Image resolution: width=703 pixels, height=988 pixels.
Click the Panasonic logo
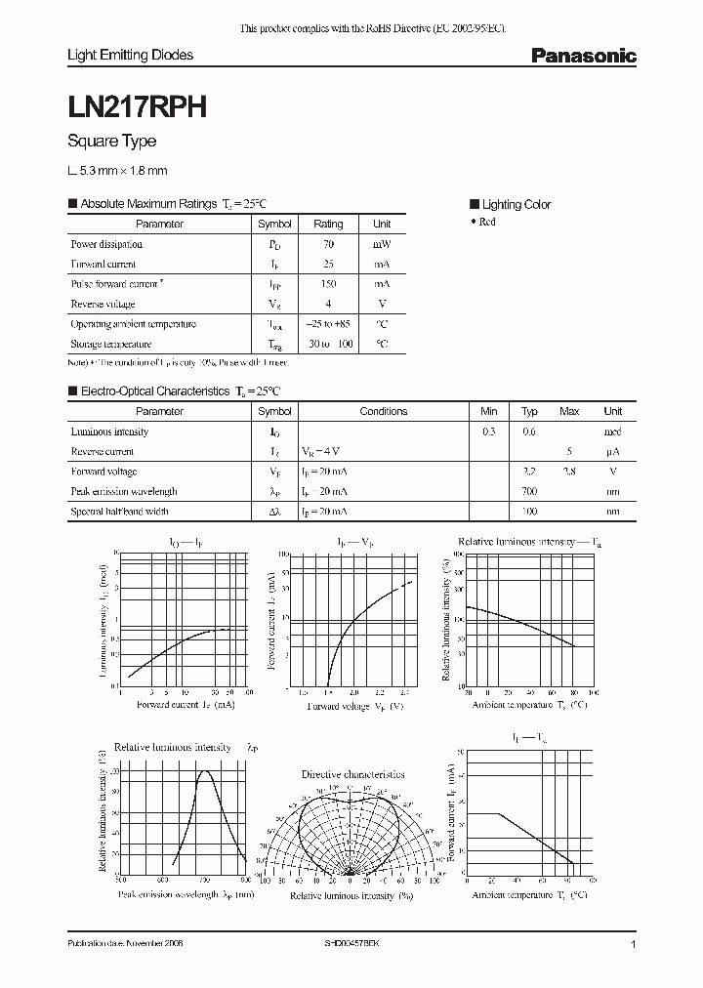583,57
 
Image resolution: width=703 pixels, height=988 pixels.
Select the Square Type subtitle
111,142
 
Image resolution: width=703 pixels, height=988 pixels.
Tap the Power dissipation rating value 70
328,244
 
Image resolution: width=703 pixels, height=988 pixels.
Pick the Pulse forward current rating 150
328,284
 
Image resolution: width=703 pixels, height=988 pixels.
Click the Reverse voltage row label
103,305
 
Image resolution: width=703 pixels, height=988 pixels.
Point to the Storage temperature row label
110,345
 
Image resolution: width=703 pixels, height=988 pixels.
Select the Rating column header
328,224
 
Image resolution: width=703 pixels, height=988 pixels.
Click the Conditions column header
383,411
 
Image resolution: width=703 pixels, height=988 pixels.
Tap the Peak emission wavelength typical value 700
529,491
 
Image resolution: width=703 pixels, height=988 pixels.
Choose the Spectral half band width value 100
529,512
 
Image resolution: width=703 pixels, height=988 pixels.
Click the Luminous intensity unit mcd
612,432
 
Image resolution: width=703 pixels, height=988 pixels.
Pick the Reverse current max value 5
569,452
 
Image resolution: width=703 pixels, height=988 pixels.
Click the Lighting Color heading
516,204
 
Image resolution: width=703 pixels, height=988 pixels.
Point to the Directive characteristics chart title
352,773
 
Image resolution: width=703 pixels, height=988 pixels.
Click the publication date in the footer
125,945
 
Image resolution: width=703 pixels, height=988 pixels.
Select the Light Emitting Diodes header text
130,56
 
